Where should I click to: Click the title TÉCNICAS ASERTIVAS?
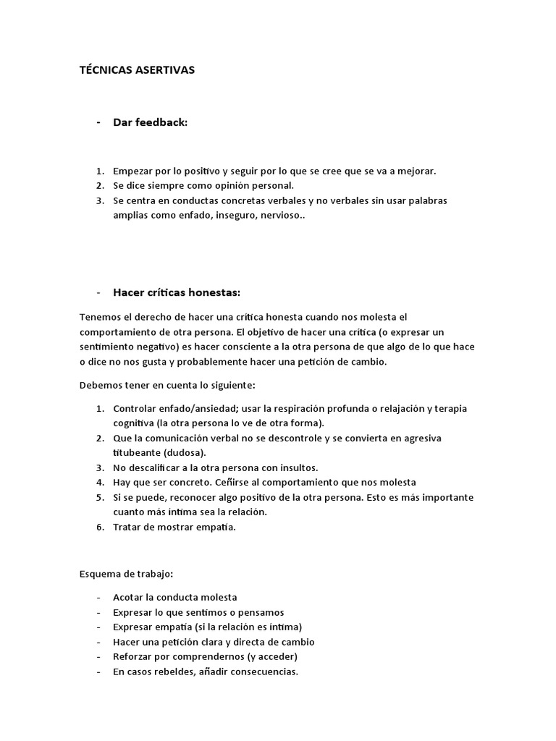137,70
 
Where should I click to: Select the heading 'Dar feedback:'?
150,122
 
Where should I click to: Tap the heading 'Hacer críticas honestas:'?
177,292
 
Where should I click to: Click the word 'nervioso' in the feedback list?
280,216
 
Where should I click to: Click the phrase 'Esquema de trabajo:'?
126,574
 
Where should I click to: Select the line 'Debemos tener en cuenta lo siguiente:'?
167,384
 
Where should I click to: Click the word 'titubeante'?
137,452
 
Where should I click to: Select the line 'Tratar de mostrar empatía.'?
174,527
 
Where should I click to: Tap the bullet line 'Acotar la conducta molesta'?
175,597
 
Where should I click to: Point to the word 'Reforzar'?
134,656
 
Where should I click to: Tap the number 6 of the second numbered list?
99,527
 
